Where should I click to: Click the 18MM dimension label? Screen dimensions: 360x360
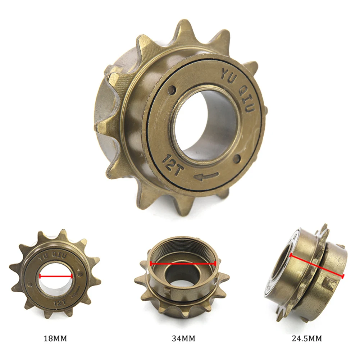(x=55, y=338)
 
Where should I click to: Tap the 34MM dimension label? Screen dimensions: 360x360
(x=183, y=338)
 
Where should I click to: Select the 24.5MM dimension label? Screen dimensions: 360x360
(x=307, y=338)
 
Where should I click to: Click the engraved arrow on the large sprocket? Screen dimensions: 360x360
(x=205, y=176)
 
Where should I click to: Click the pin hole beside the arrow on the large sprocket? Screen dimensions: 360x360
(x=237, y=158)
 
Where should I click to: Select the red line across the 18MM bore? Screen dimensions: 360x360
(x=56, y=276)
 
